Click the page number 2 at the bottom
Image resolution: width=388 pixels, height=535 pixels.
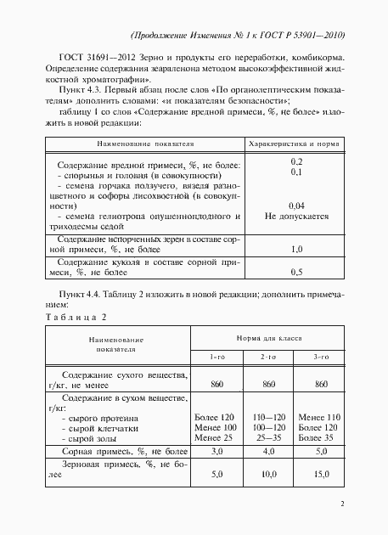click(340, 504)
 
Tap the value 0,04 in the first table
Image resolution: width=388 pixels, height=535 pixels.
click(297, 206)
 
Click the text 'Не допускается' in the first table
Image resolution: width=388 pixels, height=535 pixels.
click(297, 216)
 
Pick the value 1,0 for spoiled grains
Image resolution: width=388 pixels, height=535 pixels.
click(297, 250)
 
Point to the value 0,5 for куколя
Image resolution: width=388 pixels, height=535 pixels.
click(297, 273)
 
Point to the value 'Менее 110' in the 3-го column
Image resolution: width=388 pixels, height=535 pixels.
click(321, 418)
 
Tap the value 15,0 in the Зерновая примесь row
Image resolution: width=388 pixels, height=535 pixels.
click(321, 473)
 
